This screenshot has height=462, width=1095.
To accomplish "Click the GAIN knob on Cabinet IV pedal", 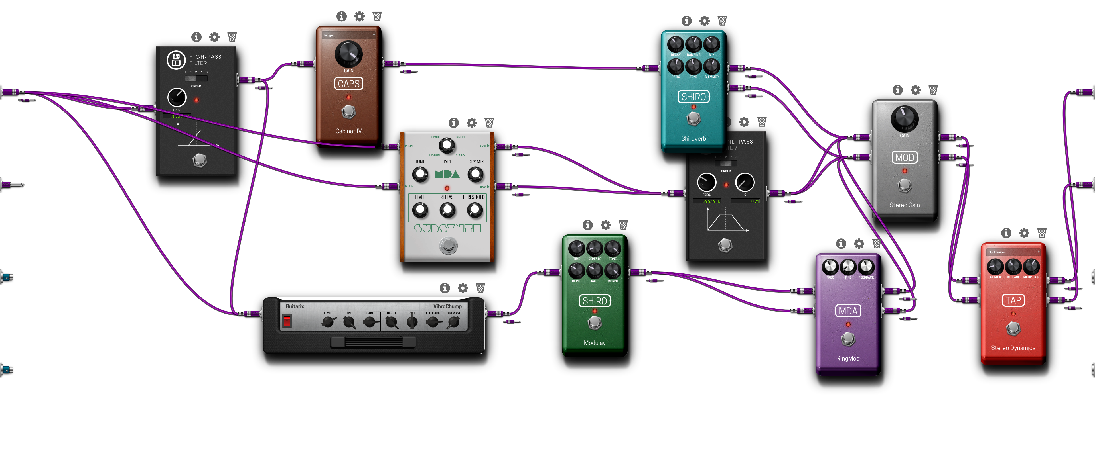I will coord(348,54).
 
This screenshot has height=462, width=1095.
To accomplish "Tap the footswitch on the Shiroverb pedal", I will coord(694,118).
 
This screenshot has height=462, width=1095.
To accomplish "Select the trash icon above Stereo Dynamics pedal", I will coord(1042,233).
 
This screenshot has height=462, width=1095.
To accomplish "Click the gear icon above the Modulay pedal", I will coord(605,225).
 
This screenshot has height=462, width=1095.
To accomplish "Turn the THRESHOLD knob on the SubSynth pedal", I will coord(474,209).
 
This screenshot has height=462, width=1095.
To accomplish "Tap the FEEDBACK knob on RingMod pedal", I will coord(866,267).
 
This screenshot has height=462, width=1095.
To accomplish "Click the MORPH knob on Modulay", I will coord(613,271).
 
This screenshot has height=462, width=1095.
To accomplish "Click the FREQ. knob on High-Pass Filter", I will coord(177,97).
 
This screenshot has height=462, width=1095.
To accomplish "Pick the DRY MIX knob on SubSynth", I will coord(475,174).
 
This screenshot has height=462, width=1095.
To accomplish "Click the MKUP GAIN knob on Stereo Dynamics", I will coord(1031,267).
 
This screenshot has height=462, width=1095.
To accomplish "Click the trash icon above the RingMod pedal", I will coord(877,243).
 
